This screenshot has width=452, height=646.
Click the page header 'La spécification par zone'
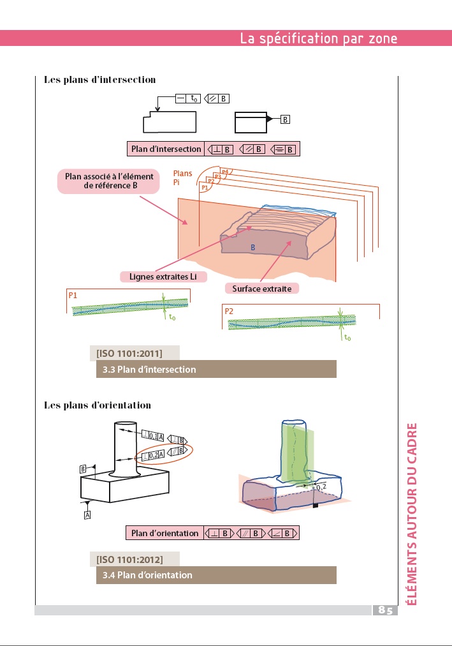click(x=318, y=38)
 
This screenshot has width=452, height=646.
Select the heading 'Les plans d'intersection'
click(x=99, y=80)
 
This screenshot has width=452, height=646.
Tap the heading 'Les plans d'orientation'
click(x=97, y=405)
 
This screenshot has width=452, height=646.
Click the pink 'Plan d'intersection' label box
click(x=166, y=149)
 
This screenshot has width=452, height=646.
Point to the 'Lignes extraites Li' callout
click(x=163, y=276)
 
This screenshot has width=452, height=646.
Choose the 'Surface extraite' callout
click(x=261, y=289)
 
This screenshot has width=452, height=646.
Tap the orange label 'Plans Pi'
click(x=182, y=178)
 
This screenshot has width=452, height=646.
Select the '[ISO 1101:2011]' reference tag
click(x=129, y=353)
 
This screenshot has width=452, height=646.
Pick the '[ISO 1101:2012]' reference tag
click(x=129, y=560)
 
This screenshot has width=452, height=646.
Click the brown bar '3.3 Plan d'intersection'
click(x=215, y=369)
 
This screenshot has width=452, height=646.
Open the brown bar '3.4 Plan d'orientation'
click(x=215, y=575)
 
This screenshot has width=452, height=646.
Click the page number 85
click(x=385, y=610)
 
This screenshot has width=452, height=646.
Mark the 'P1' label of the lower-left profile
click(x=73, y=296)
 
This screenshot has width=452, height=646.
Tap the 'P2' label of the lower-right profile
click(x=230, y=311)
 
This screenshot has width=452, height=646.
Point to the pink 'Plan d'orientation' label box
click(x=164, y=533)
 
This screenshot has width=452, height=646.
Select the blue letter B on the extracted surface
click(x=252, y=246)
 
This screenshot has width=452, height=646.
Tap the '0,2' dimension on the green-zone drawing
click(x=321, y=487)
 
